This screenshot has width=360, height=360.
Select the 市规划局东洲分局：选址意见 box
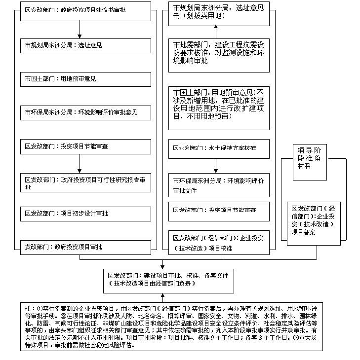(x=85, y=45)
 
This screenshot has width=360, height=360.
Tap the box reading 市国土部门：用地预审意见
(x=85, y=79)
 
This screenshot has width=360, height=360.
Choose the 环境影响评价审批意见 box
(x=85, y=113)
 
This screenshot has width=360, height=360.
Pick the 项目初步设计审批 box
(x=85, y=214)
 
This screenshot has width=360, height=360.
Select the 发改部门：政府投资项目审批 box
(x=85, y=245)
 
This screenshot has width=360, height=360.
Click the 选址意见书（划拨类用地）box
(x=219, y=12)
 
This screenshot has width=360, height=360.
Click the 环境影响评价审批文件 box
(x=219, y=185)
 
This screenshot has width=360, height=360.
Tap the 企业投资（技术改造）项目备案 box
(x=314, y=219)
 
